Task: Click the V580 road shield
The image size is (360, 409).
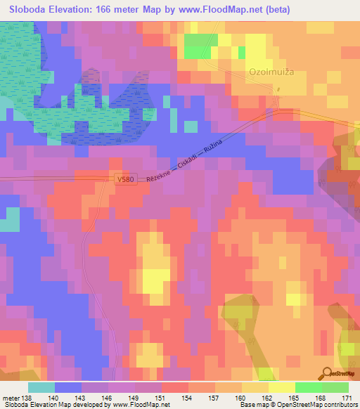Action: click(125, 181)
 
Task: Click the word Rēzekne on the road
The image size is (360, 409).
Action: click(159, 175)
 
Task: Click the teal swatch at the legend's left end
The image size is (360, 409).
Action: click(41, 387)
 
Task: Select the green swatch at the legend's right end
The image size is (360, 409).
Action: click(335, 387)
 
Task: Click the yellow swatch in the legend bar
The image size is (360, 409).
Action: click(281, 387)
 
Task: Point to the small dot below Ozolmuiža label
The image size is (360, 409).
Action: click(278, 89)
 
